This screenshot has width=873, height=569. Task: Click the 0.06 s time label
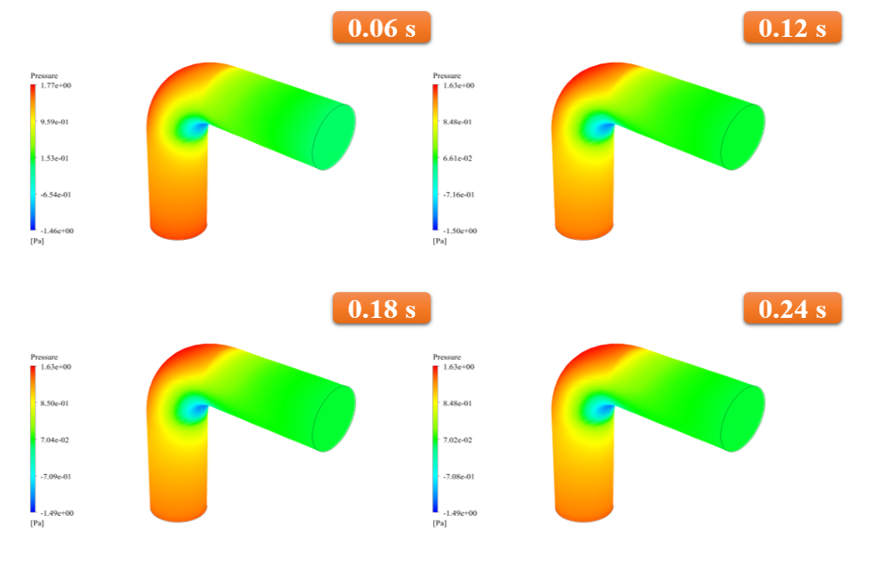click(x=382, y=27)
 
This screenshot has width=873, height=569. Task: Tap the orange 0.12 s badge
click(x=793, y=27)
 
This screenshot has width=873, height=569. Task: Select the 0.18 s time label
click(x=382, y=308)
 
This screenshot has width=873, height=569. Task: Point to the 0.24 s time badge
click(x=793, y=308)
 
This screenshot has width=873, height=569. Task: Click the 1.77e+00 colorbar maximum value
click(x=56, y=86)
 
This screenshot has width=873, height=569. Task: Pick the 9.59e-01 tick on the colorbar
click(x=55, y=122)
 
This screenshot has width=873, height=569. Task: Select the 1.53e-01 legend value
click(x=55, y=159)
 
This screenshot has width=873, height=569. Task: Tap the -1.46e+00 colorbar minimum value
click(x=56, y=231)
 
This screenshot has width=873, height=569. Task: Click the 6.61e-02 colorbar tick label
click(x=457, y=159)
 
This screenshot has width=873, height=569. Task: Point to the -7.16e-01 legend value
click(x=459, y=195)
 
